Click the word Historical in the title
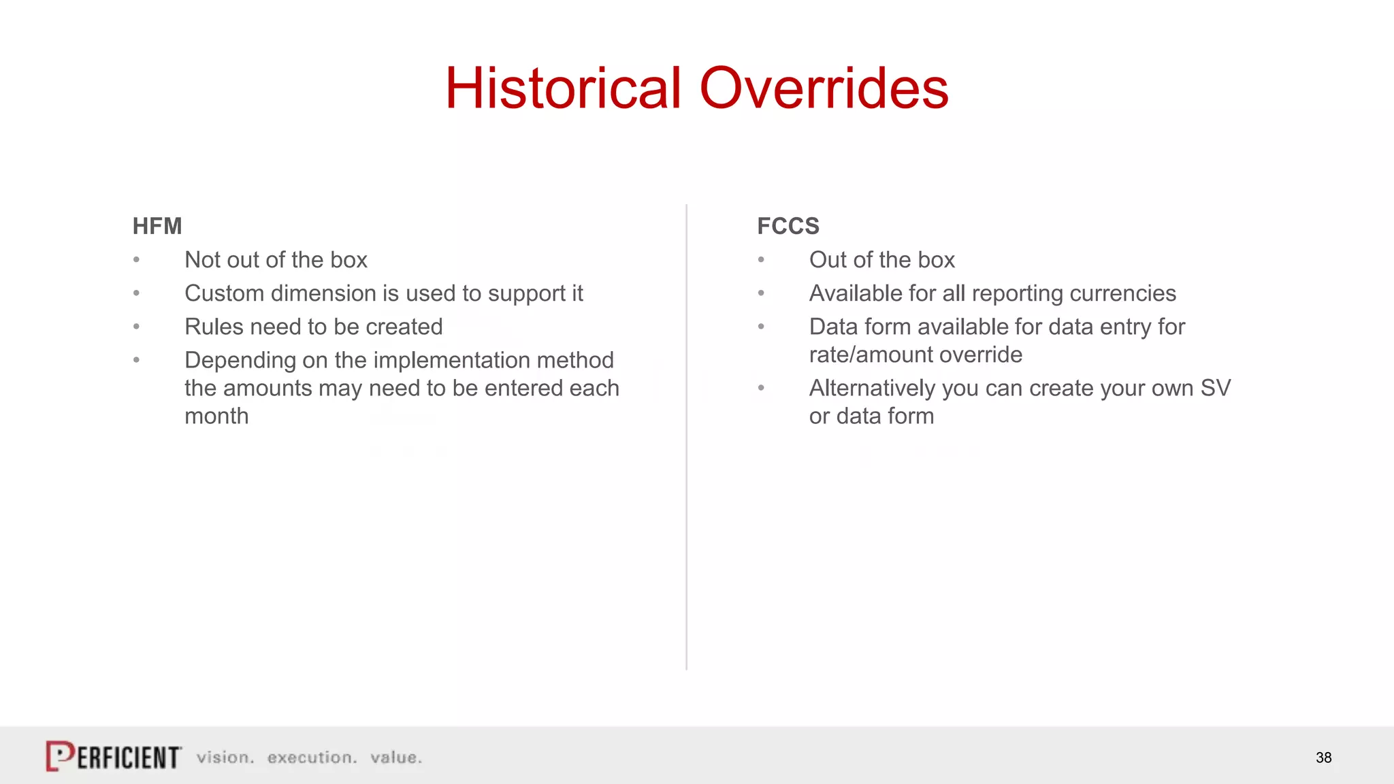click(564, 88)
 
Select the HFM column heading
click(157, 226)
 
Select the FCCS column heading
click(788, 226)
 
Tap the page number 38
click(1323, 757)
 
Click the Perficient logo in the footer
click(114, 756)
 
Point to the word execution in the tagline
click(312, 757)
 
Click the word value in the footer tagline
click(395, 757)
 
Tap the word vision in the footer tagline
click(225, 757)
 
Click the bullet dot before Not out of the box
click(137, 260)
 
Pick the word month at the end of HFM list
click(216, 416)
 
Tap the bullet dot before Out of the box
click(761, 260)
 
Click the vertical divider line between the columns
click(686, 436)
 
